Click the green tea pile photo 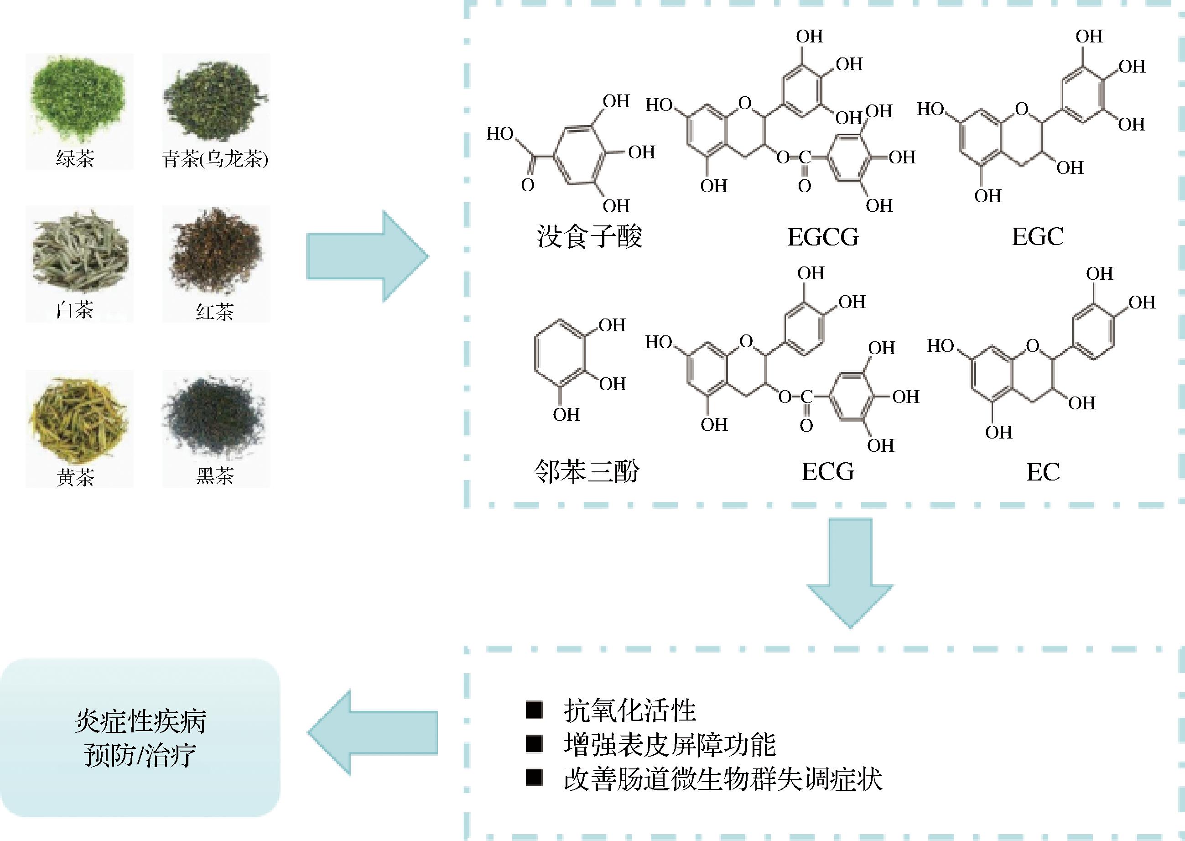pos(78,99)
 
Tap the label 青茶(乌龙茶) pos(215,158)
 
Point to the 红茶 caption pos(215,312)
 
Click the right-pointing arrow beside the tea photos pos(368,256)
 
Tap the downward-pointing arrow pos(850,572)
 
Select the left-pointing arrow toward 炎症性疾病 pos(372,732)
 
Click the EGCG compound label pos(823,237)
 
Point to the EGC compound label pos(1038,237)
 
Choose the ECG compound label pos(828,472)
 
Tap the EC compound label pos(1043,472)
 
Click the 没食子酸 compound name pos(589,237)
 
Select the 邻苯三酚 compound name pos(587,471)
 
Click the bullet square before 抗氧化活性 pos(534,710)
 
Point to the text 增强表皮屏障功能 pos(670,745)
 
